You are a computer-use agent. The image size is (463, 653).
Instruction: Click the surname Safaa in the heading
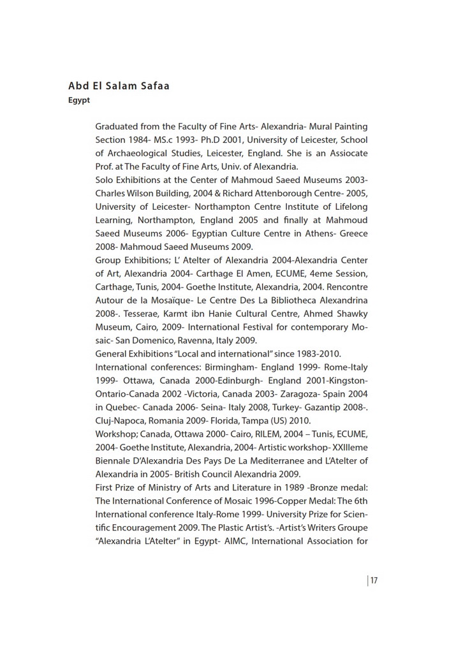pos(151,86)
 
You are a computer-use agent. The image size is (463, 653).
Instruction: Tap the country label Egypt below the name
pos(79,101)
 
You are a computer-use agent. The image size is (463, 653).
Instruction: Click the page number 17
pos(374,580)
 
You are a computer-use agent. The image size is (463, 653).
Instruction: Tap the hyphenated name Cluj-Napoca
pos(121,421)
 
